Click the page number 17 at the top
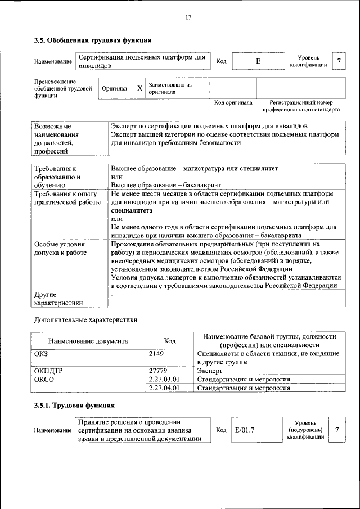coord(188,17)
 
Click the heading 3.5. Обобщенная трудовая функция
coord(92,40)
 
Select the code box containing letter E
coord(258,61)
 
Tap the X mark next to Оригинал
coord(139,89)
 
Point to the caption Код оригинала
coord(233,103)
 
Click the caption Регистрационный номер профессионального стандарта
coord(304,106)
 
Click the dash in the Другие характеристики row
coord(112,294)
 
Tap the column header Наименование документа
coord(88,341)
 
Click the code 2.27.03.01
coord(164,379)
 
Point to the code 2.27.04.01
coord(164,388)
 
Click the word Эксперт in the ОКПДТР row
coord(209,371)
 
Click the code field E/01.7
coord(245,430)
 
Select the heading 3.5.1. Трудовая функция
coord(74,405)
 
